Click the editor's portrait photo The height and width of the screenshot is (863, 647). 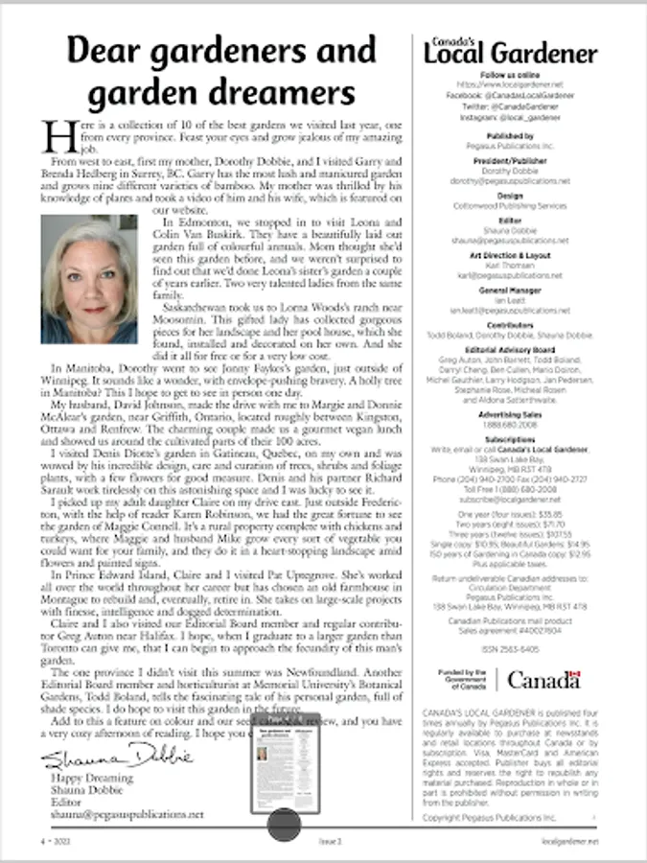pyautogui.click(x=89, y=279)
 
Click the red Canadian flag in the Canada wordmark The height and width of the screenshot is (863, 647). pyautogui.click(x=574, y=678)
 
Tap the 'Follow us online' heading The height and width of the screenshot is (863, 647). pyautogui.click(x=510, y=75)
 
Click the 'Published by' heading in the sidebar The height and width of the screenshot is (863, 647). pyautogui.click(x=510, y=137)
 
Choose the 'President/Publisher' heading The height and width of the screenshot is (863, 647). pyautogui.click(x=510, y=163)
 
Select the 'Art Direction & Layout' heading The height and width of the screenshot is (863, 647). pyautogui.click(x=510, y=256)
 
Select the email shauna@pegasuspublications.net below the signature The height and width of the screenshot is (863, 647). pyautogui.click(x=127, y=814)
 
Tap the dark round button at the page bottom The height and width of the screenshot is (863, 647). pyautogui.click(x=284, y=824)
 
